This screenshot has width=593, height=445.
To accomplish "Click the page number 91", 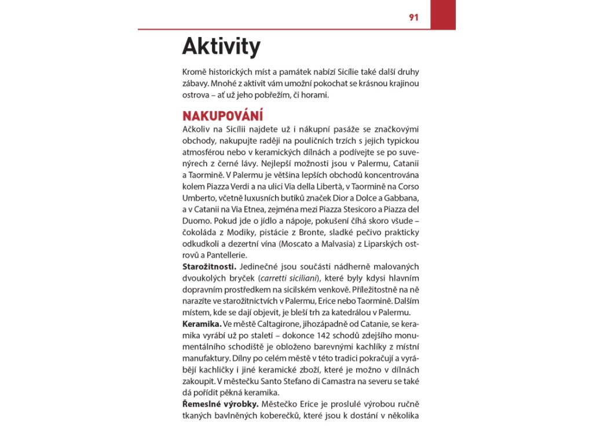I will [x=413, y=17].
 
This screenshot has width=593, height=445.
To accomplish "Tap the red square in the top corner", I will [x=443, y=14].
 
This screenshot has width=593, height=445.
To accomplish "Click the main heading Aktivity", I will [x=221, y=47].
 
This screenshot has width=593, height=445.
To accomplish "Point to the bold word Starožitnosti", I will [x=209, y=266].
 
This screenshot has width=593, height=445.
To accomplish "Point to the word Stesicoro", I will [x=354, y=209].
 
